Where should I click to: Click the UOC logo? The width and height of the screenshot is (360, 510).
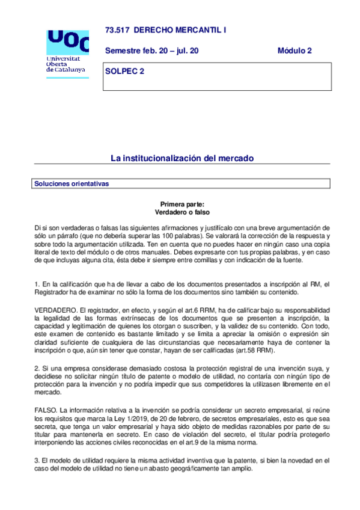[67, 41]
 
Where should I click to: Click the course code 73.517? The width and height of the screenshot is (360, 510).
[117, 29]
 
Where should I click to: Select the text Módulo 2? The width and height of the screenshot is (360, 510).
[294, 51]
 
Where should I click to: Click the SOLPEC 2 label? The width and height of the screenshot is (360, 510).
[125, 72]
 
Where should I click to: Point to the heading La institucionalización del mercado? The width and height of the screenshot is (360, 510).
[182, 158]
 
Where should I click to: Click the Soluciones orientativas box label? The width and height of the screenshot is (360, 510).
[72, 183]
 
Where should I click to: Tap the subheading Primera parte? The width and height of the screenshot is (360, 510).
[182, 204]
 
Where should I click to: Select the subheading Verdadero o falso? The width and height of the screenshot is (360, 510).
[182, 212]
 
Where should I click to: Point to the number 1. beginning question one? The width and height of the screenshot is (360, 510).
[37, 284]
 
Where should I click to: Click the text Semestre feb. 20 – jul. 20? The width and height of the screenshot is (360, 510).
[151, 51]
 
